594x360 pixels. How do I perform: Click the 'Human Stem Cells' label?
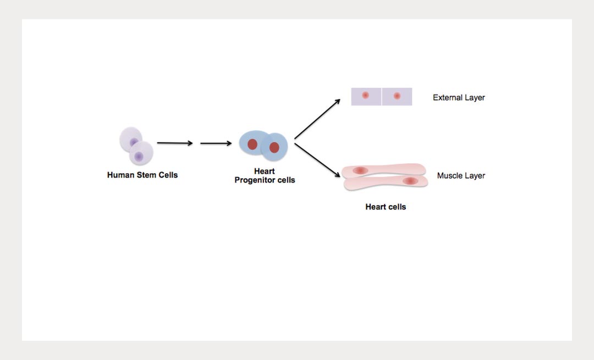142,175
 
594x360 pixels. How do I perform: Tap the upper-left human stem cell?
130,139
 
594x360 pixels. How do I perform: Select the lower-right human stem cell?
141,153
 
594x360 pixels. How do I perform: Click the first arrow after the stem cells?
175,143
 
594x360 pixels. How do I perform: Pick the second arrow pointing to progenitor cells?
216,143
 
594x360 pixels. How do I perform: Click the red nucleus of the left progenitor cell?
252,144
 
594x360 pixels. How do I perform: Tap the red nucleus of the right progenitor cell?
274,147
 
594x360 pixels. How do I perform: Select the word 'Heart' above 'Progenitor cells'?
265,171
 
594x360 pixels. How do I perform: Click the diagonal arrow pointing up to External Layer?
317,119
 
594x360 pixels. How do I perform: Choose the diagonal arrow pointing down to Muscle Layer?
317,160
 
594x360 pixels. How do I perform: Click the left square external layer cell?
366,97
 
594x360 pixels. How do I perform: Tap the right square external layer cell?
397,97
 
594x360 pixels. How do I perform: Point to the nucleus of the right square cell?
397,96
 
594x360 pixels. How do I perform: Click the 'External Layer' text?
459,98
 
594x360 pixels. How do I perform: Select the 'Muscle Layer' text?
461,176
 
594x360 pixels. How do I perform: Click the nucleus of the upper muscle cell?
360,170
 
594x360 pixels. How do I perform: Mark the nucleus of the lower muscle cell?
410,181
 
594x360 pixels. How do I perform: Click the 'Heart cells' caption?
386,207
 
